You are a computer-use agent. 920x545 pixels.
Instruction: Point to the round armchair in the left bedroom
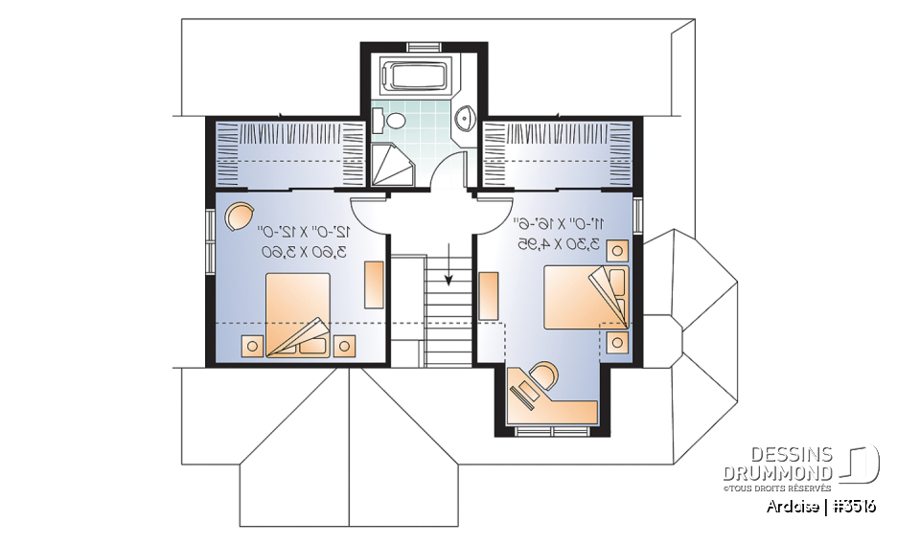[x=240, y=216]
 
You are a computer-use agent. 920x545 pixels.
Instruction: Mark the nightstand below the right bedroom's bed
[x=618, y=341]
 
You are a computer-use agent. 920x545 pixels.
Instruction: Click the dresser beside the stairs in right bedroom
[x=488, y=295]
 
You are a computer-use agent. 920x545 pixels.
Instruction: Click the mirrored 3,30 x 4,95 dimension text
[x=557, y=244]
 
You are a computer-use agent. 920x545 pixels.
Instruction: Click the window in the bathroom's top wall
[x=422, y=46]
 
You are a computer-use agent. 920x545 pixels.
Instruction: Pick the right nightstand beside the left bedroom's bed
[x=344, y=345]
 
